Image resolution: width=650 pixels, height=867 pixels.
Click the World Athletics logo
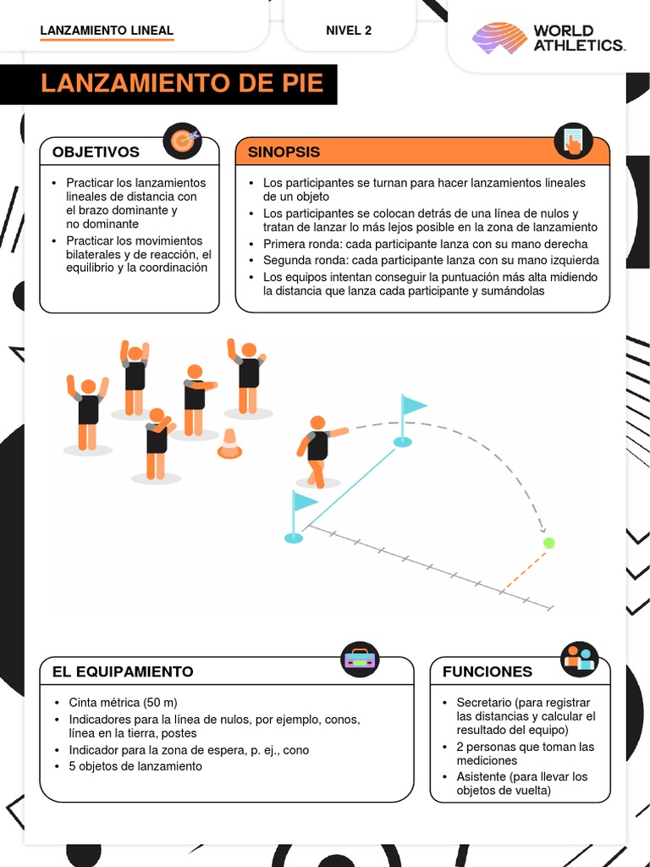pyautogui.click(x=548, y=38)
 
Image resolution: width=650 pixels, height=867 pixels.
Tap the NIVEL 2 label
pyautogui.click(x=349, y=30)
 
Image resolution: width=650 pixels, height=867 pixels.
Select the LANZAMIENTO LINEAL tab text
pyautogui.click(x=107, y=30)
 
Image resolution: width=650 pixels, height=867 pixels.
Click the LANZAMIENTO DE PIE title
pyautogui.click(x=182, y=84)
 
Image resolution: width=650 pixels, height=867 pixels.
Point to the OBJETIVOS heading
pyautogui.click(x=96, y=152)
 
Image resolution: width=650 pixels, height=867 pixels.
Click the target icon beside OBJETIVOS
pyautogui.click(x=182, y=140)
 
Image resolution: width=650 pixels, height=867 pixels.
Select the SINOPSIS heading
pyautogui.click(x=284, y=152)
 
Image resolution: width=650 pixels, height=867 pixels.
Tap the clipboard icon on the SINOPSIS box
pyautogui.click(x=573, y=141)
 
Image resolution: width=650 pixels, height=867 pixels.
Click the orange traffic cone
pyautogui.click(x=229, y=444)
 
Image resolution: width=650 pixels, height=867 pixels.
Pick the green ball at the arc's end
pyautogui.click(x=548, y=542)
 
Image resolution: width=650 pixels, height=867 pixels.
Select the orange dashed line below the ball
pyautogui.click(x=526, y=565)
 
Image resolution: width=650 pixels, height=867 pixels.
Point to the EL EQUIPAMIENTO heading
pyautogui.click(x=123, y=671)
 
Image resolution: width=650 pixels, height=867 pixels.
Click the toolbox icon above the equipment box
pyautogui.click(x=360, y=659)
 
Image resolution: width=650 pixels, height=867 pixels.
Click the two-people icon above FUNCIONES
pyautogui.click(x=580, y=659)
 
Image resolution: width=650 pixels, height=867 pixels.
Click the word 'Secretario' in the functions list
pyautogui.click(x=483, y=703)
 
